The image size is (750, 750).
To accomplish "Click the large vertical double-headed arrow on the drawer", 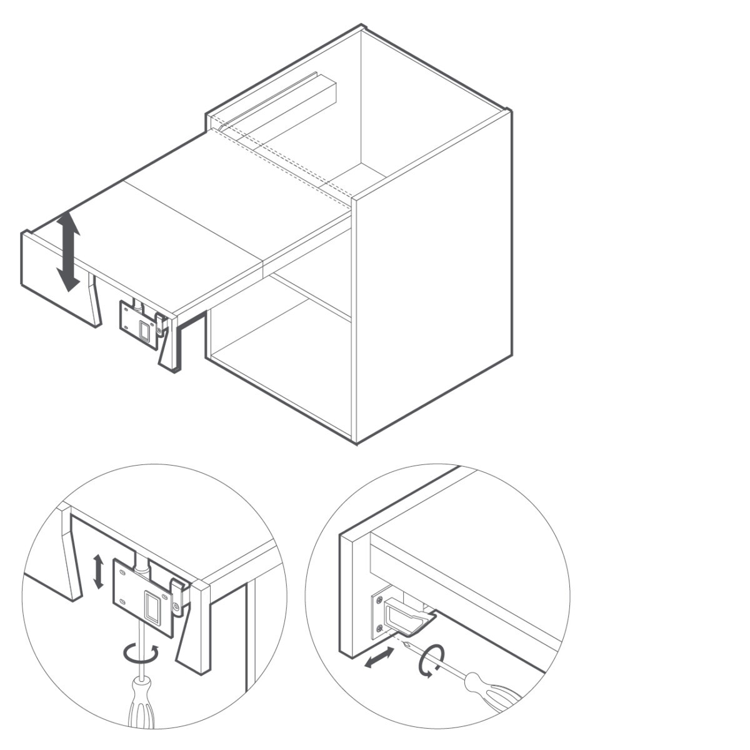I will coord(68,251).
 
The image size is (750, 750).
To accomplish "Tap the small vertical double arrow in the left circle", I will coord(97,571).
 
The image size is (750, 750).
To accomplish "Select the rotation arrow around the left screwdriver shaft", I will coord(141,654).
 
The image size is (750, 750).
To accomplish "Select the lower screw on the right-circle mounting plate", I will coord(379,628).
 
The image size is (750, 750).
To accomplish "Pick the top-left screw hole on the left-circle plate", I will coord(121,571).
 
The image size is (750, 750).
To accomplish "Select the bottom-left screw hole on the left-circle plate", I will coord(121,601).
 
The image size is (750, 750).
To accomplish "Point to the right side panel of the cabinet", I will coord(431,275).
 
